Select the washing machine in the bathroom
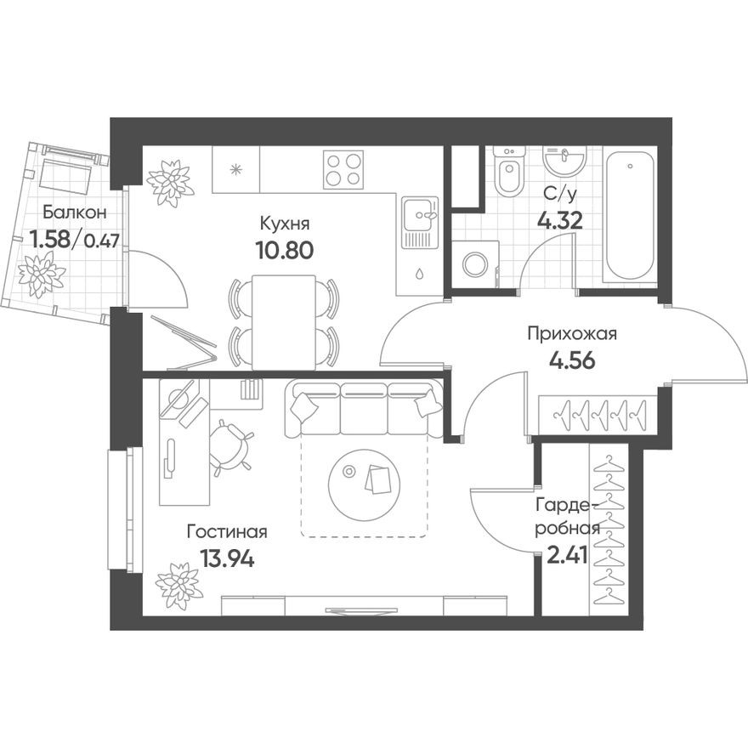pyautogui.click(x=473, y=263)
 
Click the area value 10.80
pyautogui.click(x=285, y=250)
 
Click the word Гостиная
pyautogui.click(x=227, y=533)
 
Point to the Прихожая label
pyautogui.click(x=571, y=333)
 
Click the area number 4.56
pyautogui.click(x=571, y=359)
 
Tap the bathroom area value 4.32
pyautogui.click(x=558, y=221)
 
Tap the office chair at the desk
pyautogui.click(x=230, y=446)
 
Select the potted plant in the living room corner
pyautogui.click(x=179, y=585)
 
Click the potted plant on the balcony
pyautogui.click(x=42, y=274)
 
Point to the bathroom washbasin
pyautogui.click(x=564, y=159)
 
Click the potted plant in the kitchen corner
pyautogui.click(x=169, y=180)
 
